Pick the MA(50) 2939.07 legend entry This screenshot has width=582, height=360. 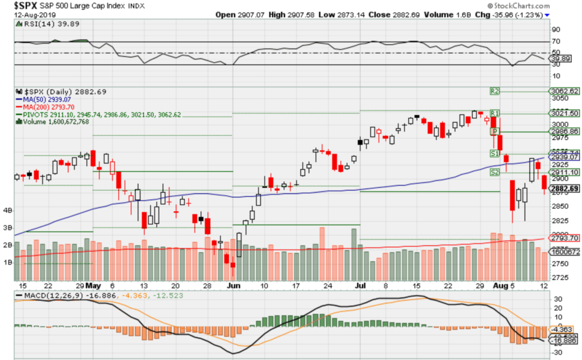(45, 99)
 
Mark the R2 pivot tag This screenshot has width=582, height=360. (494, 90)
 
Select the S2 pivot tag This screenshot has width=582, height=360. (494, 172)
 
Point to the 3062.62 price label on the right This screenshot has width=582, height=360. (564, 91)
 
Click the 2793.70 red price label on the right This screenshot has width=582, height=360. (564, 238)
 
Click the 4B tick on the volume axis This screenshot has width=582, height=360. (8, 210)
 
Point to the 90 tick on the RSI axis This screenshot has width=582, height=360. (555, 30)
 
